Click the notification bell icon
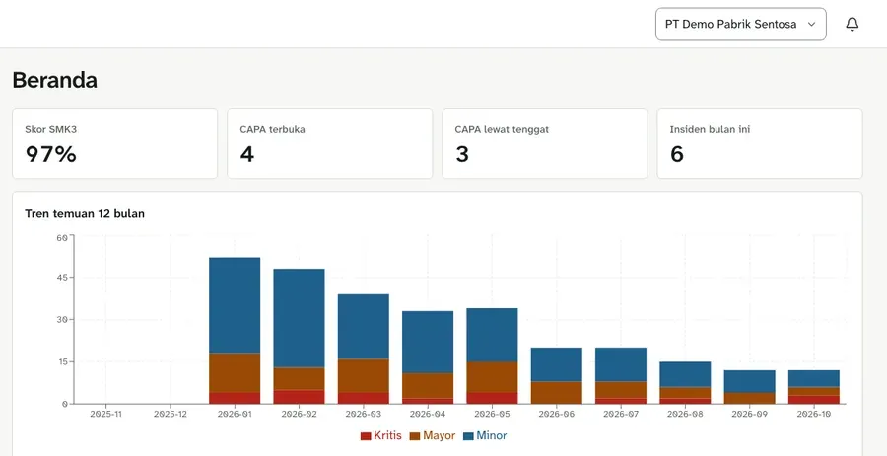coord(852,25)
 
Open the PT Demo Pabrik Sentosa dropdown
coord(740,25)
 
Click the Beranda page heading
coord(55,80)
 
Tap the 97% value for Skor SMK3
coord(51,154)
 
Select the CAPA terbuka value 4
coord(246,154)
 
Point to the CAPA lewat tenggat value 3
coord(462,154)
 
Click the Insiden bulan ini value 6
coord(676,154)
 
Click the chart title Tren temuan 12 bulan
coord(85,213)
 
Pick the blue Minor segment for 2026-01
coord(235,305)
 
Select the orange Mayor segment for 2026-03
coord(363,376)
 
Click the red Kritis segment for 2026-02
coord(299,397)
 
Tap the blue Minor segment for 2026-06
coord(556,364)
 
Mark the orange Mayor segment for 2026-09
coord(749,398)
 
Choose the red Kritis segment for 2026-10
coord(813,400)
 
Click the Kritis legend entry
coord(381,436)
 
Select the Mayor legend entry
coord(432,436)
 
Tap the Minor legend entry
coord(485,436)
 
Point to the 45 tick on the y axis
coord(62,278)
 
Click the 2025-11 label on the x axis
coord(105,415)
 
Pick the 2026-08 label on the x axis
coord(685,415)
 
